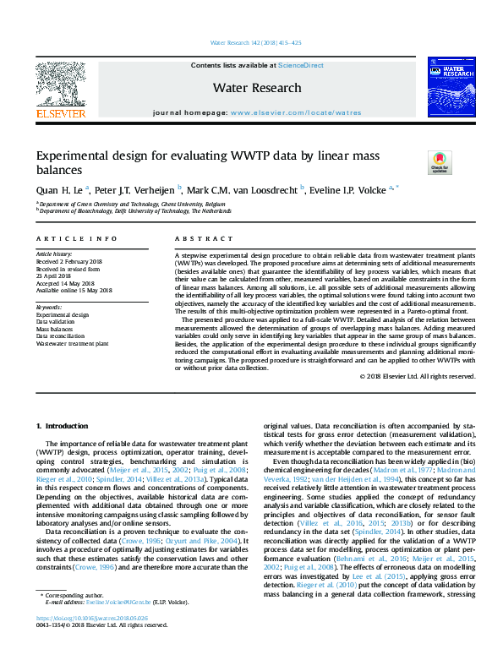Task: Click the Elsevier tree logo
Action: click(60, 86)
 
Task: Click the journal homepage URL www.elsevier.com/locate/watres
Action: click(295, 112)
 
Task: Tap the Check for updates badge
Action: click(440, 162)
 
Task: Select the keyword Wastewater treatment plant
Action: click(72, 343)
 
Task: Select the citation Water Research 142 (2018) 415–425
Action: click(251, 43)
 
